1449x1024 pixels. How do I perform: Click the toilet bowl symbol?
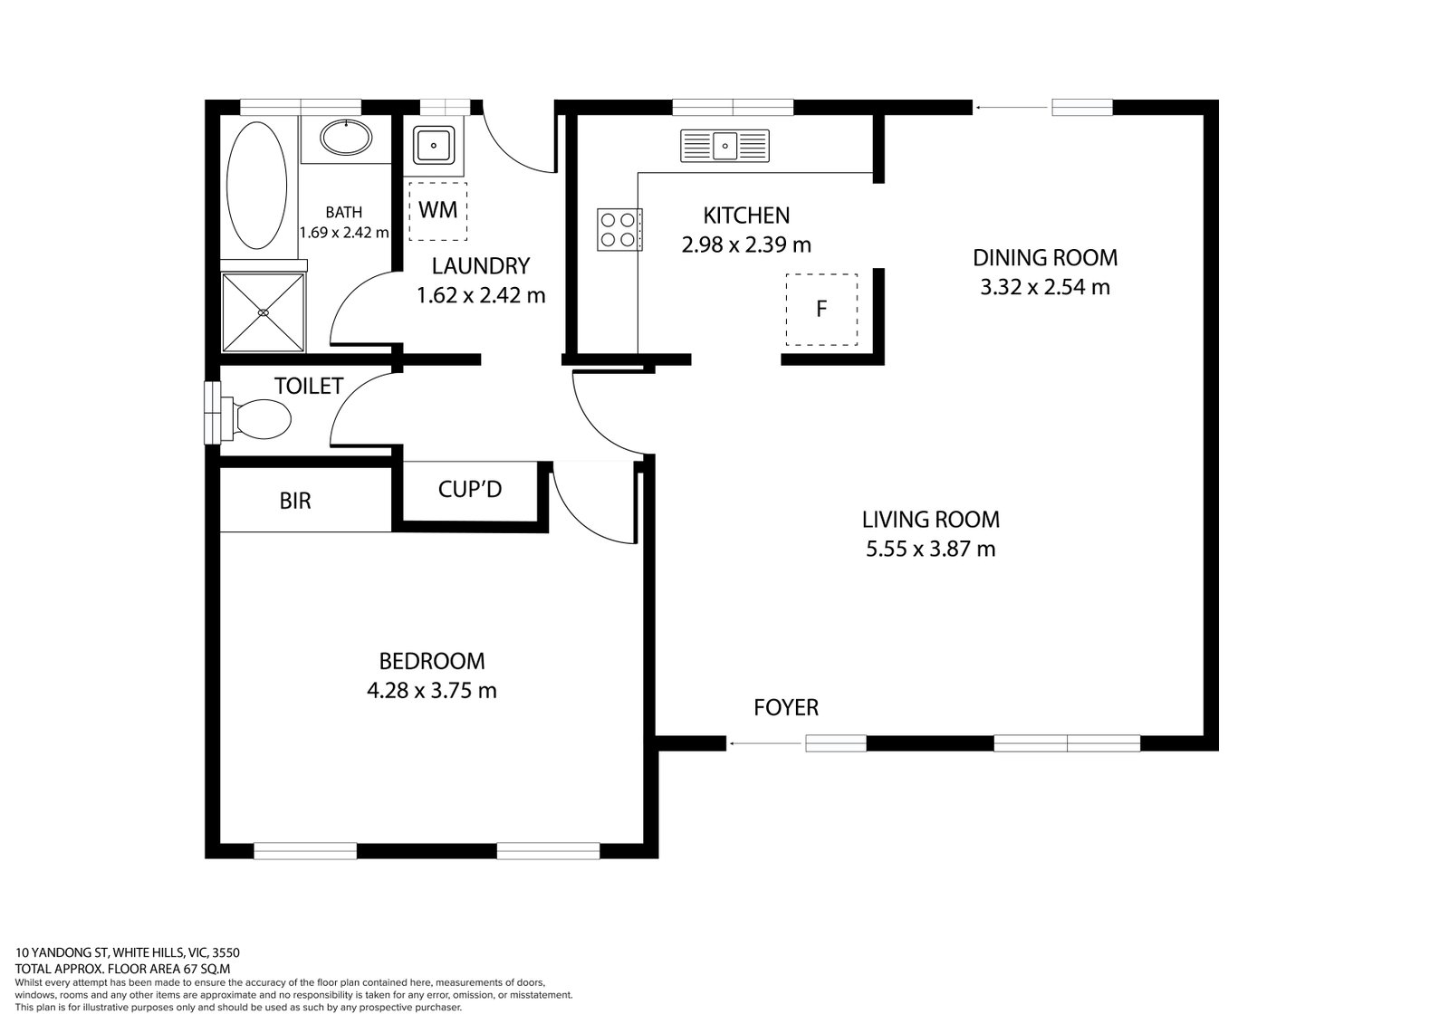pyautogui.click(x=257, y=419)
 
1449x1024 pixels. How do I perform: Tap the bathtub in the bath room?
pyautogui.click(x=256, y=187)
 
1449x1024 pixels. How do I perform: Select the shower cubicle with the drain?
pyautogui.click(x=264, y=311)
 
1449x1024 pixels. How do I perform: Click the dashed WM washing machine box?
pyautogui.click(x=437, y=211)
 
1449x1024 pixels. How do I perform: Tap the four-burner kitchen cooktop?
pyautogui.click(x=619, y=229)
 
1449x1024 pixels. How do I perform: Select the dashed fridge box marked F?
pyautogui.click(x=820, y=309)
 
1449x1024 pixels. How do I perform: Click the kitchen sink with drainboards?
pyautogui.click(x=724, y=146)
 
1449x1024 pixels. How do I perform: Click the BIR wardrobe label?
pyautogui.click(x=295, y=501)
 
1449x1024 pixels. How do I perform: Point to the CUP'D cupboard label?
pyautogui.click(x=469, y=490)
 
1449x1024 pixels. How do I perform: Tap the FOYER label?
pyautogui.click(x=786, y=707)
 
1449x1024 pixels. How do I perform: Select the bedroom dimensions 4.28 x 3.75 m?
pyautogui.click(x=431, y=691)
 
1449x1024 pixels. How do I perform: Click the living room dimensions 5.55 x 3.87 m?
pyautogui.click(x=930, y=549)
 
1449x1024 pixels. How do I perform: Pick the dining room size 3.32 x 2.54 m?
pyautogui.click(x=1044, y=287)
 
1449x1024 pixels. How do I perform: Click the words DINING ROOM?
pyautogui.click(x=1044, y=257)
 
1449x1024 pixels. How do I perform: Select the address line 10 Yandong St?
pyautogui.click(x=127, y=952)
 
